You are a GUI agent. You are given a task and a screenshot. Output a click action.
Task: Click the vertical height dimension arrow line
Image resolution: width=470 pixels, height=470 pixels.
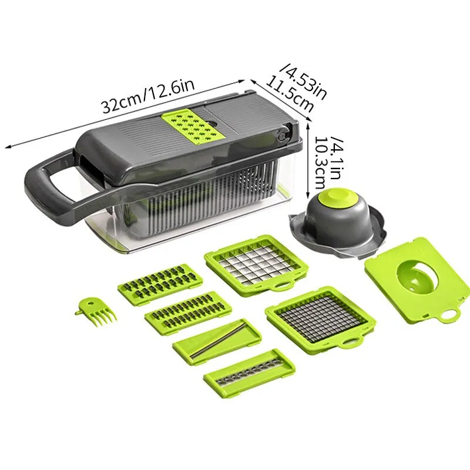(x=308, y=162)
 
